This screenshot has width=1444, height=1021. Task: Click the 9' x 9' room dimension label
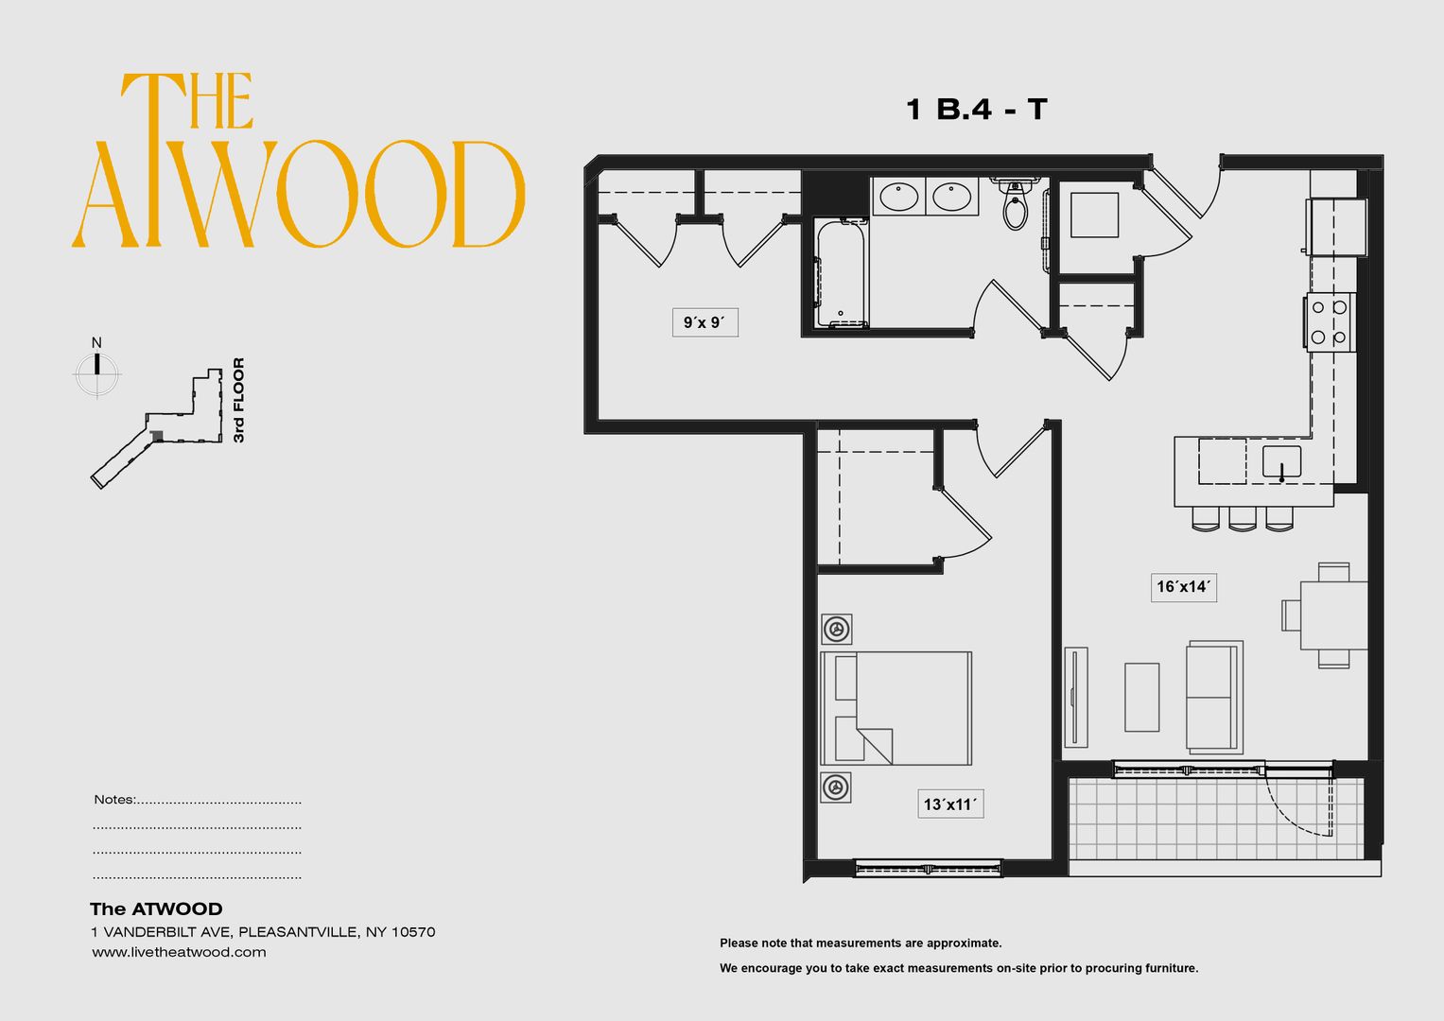point(705,322)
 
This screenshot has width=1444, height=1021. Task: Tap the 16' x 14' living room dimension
point(1183,587)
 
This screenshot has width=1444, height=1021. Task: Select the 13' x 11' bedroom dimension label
point(949,805)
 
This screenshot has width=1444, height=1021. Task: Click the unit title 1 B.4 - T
point(976,110)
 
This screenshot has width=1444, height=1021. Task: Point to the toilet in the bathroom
point(1015,206)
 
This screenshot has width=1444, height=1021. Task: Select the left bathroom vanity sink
point(897,197)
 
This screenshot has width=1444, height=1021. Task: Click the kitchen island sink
point(1281,462)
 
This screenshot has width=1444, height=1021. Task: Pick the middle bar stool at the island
point(1243,519)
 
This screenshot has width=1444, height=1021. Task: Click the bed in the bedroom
point(896,708)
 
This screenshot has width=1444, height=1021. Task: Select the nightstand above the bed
point(836,629)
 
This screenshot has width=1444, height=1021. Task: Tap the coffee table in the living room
point(1141,697)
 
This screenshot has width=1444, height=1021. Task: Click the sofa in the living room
point(1213,697)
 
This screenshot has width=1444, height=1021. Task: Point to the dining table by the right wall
point(1332,615)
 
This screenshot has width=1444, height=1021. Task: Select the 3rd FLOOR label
point(238,400)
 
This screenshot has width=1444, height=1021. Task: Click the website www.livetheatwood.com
point(179,952)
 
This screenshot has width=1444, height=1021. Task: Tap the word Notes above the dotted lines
point(113,800)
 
